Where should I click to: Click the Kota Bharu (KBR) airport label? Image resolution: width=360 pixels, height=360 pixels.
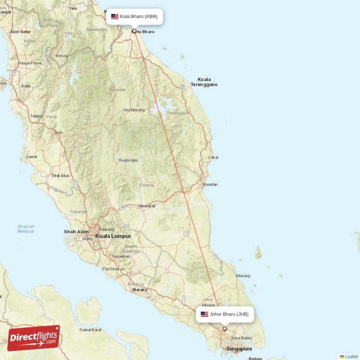pos(139,17)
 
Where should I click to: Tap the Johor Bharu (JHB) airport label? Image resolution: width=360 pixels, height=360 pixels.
pos(229,314)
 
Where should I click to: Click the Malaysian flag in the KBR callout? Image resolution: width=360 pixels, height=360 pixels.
pos(115,17)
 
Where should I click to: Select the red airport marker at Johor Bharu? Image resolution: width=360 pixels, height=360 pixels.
pos(225,329)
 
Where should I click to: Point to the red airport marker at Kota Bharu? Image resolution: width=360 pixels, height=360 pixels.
pos(134,31)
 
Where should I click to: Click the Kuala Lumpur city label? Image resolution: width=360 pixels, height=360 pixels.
pos(113,236)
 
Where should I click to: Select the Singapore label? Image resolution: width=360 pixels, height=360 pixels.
pos(239,349)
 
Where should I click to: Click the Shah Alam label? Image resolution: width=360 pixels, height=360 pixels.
pos(76,232)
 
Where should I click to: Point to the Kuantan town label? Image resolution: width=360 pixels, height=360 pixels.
pos(210,184)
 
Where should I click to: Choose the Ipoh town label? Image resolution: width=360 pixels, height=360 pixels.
pos(58,132)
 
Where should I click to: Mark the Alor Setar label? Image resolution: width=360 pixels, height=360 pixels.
pos(21,32)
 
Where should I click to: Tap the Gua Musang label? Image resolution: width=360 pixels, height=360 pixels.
pos(134,110)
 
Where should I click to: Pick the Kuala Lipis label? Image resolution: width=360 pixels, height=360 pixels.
pos(128,160)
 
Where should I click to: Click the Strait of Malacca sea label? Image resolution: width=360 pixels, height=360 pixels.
pos(26,229)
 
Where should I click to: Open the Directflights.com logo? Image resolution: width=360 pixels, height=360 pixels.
pos(34,338)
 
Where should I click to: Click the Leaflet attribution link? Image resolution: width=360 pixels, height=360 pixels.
pos(351,356)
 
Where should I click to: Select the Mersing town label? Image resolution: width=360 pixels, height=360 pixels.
pos(243,276)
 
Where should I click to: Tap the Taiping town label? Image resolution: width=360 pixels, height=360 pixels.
pos(36,116)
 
